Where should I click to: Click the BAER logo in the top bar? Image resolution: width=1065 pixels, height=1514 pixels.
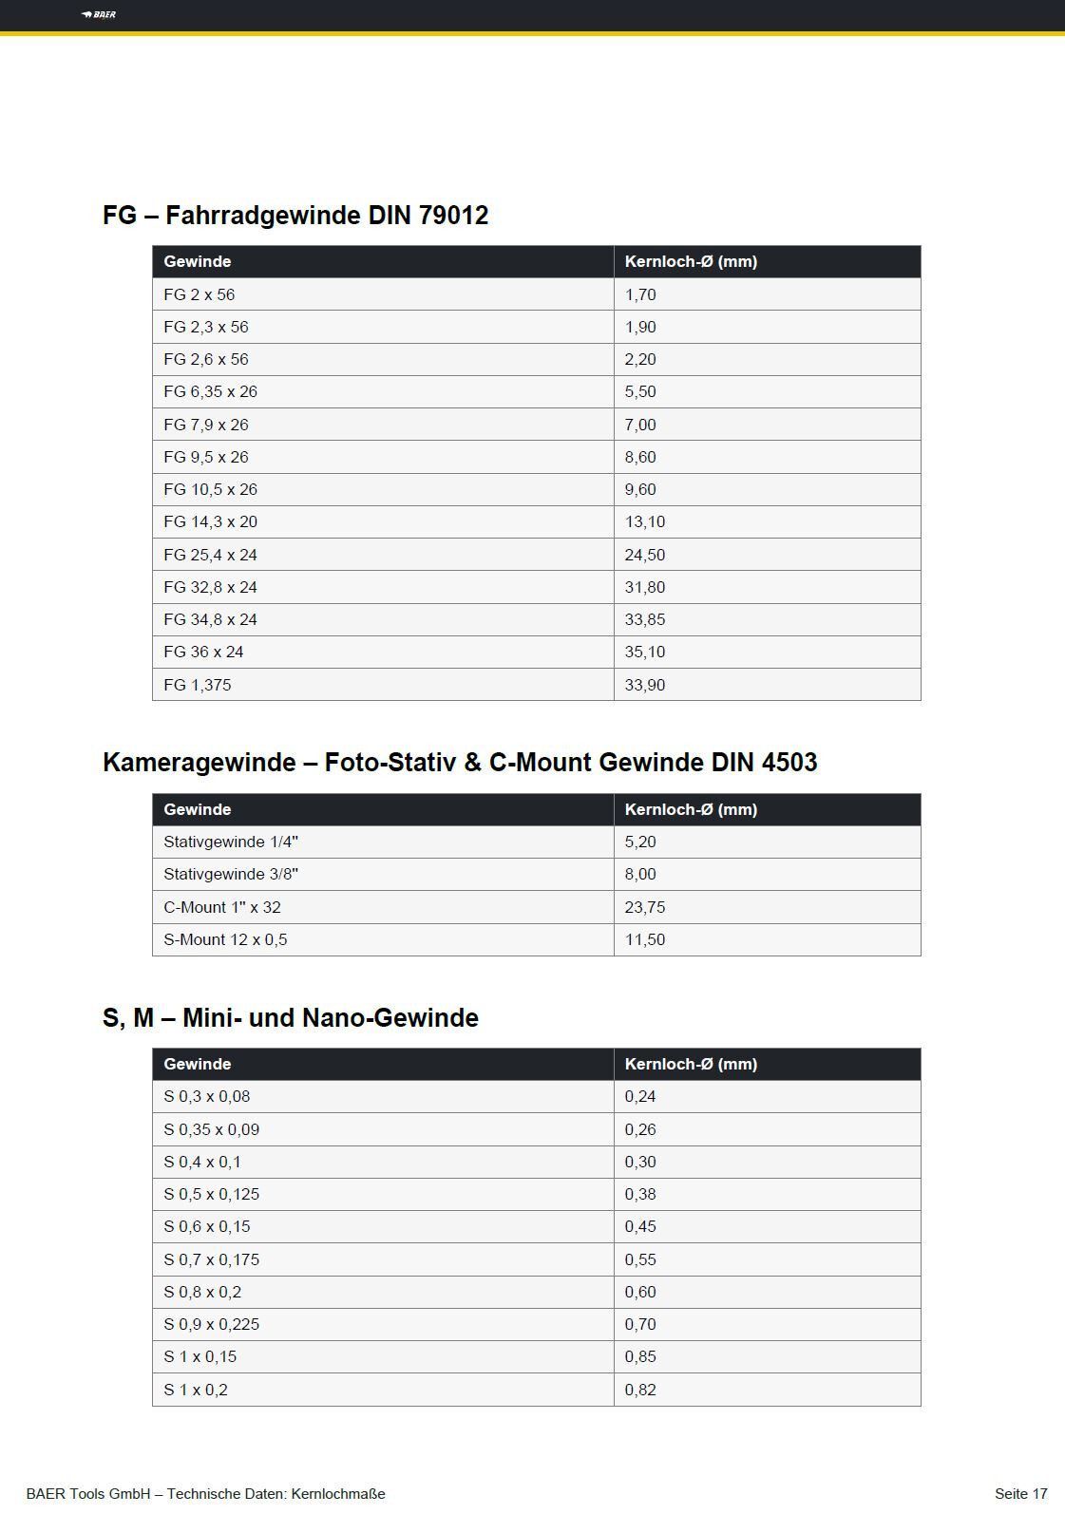pyautogui.click(x=99, y=14)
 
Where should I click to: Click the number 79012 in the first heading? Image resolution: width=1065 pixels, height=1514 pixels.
pyautogui.click(x=453, y=216)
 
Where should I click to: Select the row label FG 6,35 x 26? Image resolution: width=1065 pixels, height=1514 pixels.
pyautogui.click(x=210, y=391)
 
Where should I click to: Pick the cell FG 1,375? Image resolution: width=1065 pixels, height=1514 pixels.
pyautogui.click(x=197, y=685)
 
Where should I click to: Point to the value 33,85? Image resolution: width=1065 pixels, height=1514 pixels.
pyautogui.click(x=644, y=619)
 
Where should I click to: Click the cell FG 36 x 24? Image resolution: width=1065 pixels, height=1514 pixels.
pyautogui.click(x=203, y=652)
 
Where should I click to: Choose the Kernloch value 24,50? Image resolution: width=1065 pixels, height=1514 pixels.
pyautogui.click(x=644, y=555)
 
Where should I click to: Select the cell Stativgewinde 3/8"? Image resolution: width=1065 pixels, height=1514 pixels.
pyautogui.click(x=231, y=874)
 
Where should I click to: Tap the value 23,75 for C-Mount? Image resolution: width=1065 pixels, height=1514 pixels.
pyautogui.click(x=644, y=907)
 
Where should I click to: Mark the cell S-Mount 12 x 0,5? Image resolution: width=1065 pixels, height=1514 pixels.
pyautogui.click(x=225, y=939)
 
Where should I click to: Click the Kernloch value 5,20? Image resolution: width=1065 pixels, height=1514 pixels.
pyautogui.click(x=640, y=842)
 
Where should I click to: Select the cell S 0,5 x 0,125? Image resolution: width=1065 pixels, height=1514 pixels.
pyautogui.click(x=211, y=1194)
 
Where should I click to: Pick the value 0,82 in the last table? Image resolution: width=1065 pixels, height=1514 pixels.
pyautogui.click(x=640, y=1390)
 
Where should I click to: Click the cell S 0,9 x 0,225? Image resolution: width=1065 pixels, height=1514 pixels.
pyautogui.click(x=211, y=1324)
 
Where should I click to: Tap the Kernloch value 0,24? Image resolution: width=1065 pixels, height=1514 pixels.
pyautogui.click(x=640, y=1096)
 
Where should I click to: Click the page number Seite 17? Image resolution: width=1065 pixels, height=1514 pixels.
pyautogui.click(x=1020, y=1494)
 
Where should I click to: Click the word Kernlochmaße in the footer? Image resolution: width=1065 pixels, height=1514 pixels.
pyautogui.click(x=338, y=1494)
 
